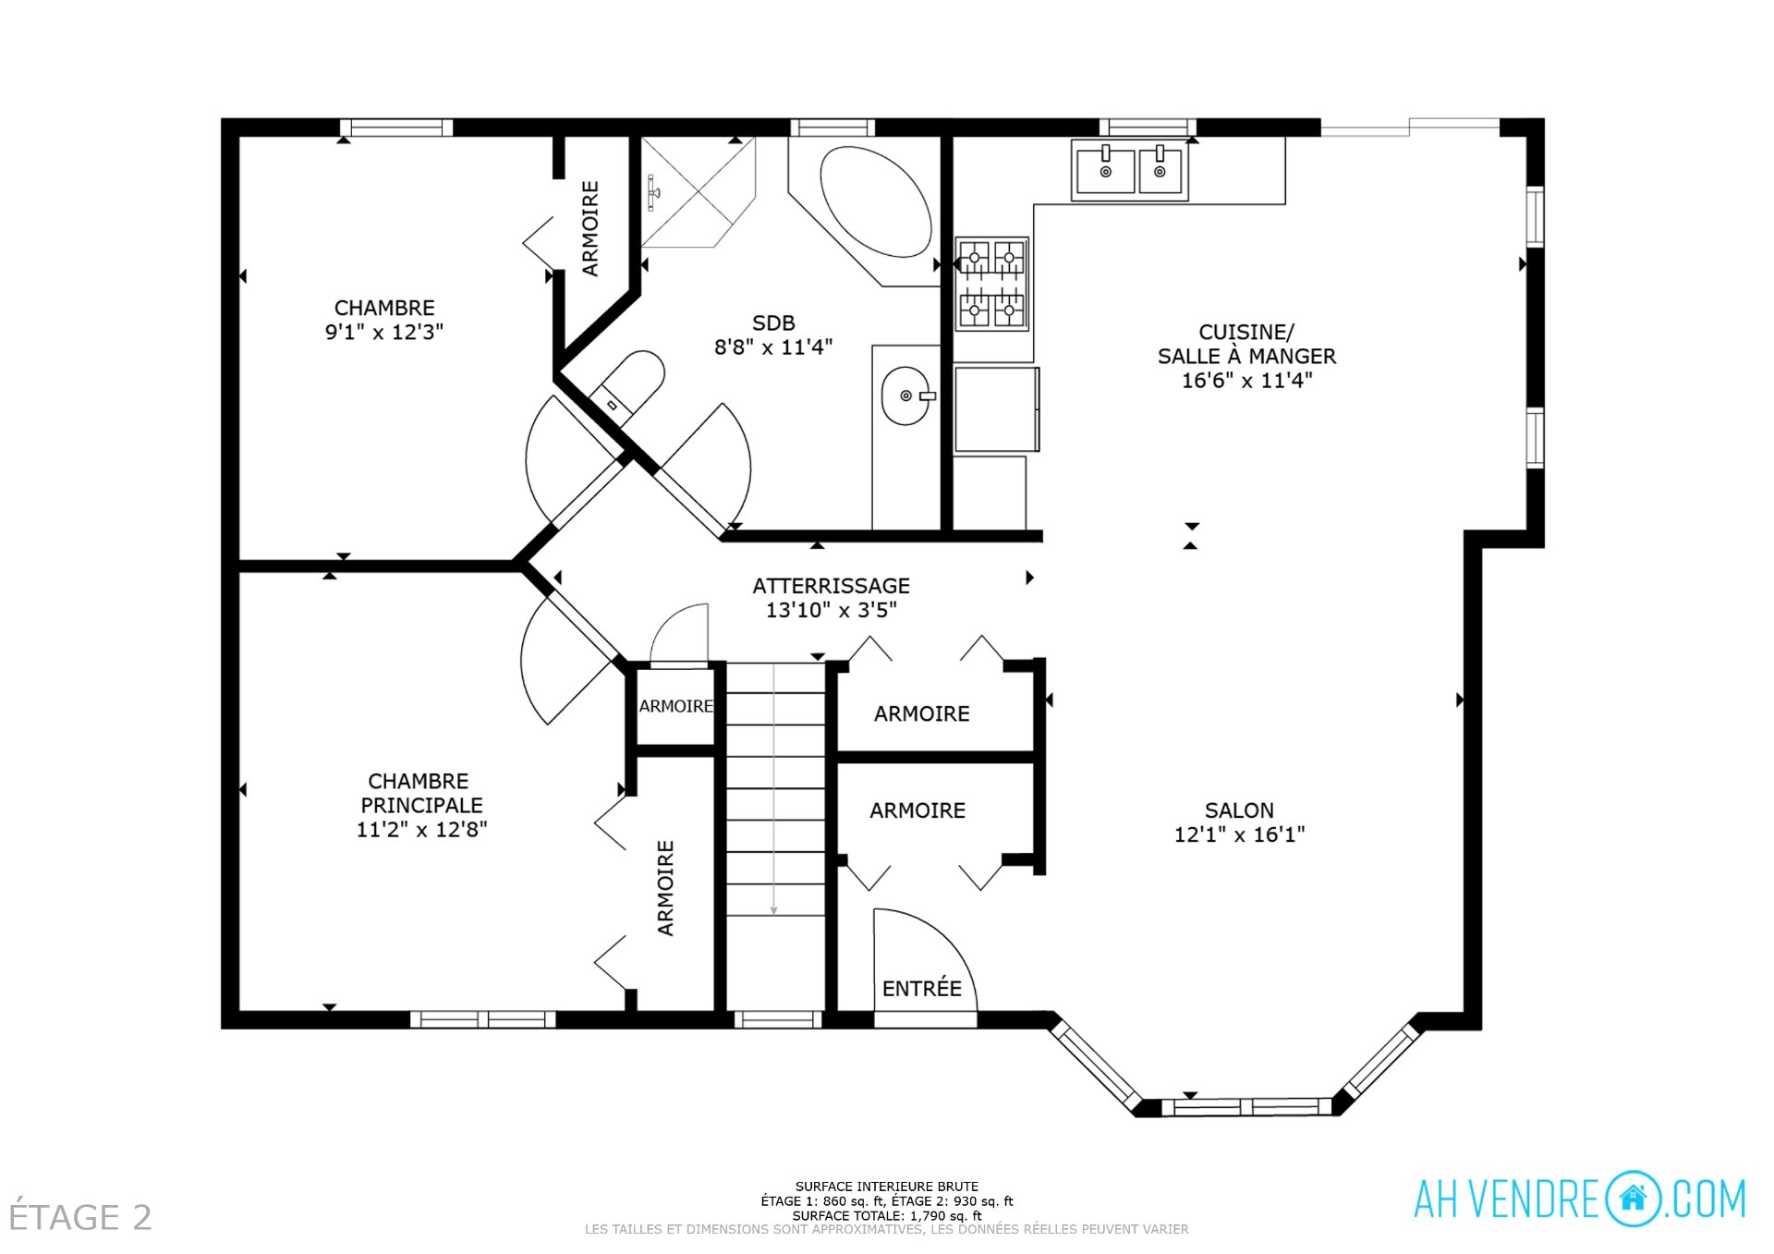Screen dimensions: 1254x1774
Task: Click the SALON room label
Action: pos(1238,810)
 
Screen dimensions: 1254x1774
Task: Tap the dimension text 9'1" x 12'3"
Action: pos(383,332)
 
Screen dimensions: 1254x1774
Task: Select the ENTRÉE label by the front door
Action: pos(921,988)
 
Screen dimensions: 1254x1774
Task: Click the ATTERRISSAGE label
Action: pos(831,586)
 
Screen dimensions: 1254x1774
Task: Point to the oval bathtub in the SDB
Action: pos(875,201)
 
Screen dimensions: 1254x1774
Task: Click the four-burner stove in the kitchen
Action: pos(991,283)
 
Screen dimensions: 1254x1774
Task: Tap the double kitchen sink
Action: pos(1129,170)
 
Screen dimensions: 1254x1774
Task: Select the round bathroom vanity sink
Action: pos(905,396)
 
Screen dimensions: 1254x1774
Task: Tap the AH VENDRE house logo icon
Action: pos(1633,1199)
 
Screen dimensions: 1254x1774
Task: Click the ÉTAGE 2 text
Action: pos(79,1217)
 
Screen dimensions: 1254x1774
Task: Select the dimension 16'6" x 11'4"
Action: pos(1246,380)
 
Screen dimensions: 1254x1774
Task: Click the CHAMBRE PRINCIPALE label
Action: pos(420,793)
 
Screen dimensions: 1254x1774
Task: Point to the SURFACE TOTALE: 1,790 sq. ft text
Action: pos(886,1215)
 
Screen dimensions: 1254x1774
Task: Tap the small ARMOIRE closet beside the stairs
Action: pos(675,706)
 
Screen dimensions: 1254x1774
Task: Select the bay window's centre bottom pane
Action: pos(1246,1106)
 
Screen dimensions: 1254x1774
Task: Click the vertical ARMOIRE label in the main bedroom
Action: pos(665,887)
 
